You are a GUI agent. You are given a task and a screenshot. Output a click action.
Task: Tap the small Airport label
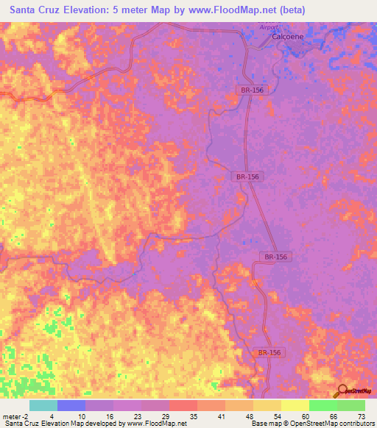click(270, 27)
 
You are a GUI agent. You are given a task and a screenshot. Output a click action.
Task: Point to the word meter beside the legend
click(11, 415)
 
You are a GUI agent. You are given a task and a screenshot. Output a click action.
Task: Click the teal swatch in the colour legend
click(43, 405)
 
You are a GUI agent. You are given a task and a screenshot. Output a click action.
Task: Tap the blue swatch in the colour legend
click(71, 405)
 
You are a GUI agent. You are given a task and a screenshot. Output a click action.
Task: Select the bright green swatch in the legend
click(323, 405)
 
